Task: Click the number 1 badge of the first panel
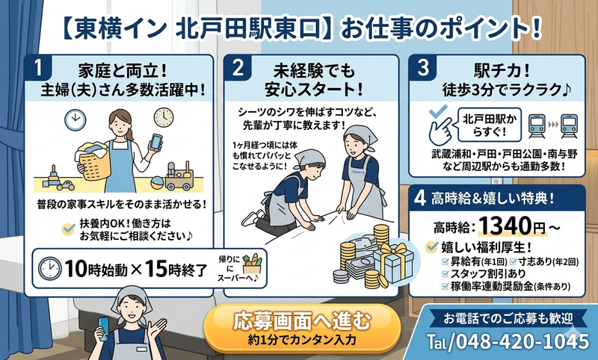pos(37,69)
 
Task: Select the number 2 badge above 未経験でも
pos(238,69)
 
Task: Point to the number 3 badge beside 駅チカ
pos(422,68)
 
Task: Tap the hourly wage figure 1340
pos(505,224)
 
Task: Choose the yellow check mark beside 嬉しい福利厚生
pos(431,246)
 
